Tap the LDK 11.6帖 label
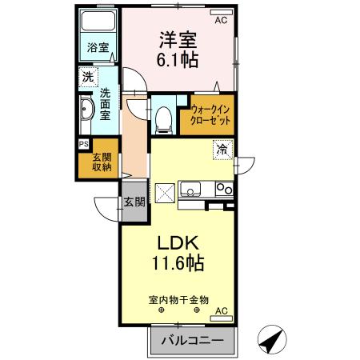coord(178,251)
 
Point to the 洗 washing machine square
coord(86,78)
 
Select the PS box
coord(83,144)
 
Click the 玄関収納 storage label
coord(100,162)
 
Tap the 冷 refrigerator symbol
coord(222,149)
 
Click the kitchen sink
coord(191,189)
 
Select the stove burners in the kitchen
coord(223,189)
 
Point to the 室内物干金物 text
coord(178,299)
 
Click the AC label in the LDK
coord(221,310)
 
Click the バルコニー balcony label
coord(192,342)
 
